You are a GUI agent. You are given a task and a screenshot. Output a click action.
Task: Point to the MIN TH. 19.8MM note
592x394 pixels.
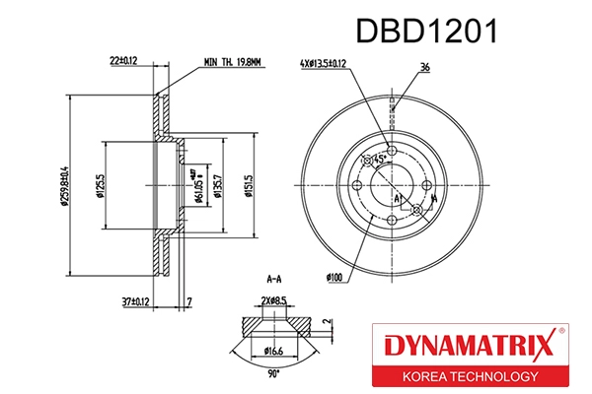click(232, 62)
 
